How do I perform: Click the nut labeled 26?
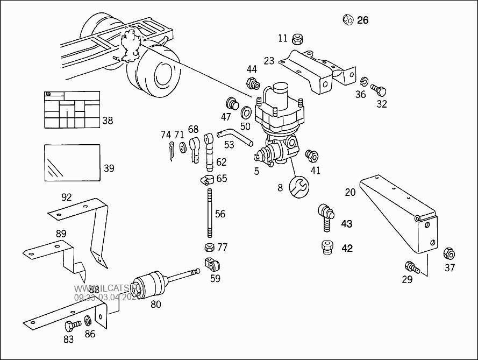tap(347, 20)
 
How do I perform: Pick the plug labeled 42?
tap(326, 248)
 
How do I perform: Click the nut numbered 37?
tap(449, 253)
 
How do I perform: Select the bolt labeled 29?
tap(411, 266)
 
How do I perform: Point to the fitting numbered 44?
tap(252, 83)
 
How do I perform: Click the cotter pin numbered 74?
tap(170, 151)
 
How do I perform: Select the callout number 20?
tap(350, 192)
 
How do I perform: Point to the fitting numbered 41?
tap(311, 156)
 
